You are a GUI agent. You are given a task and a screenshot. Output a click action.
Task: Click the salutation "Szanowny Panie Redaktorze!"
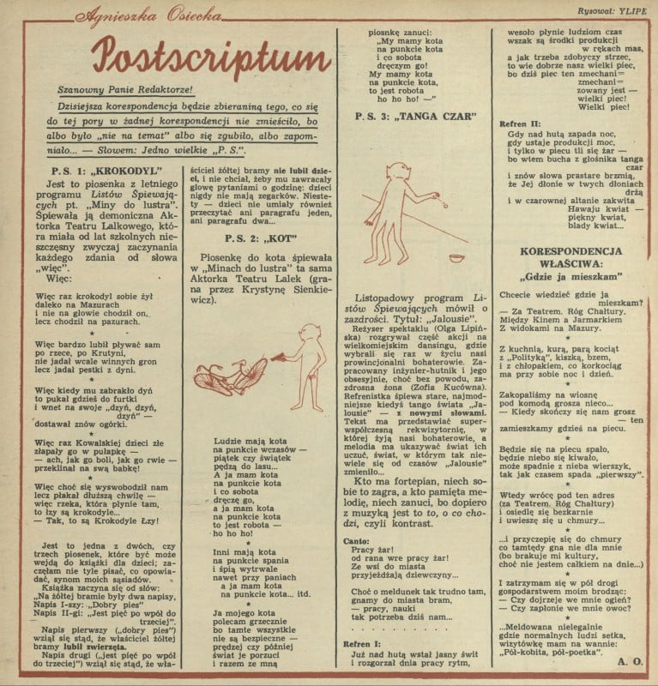tap(125, 88)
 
